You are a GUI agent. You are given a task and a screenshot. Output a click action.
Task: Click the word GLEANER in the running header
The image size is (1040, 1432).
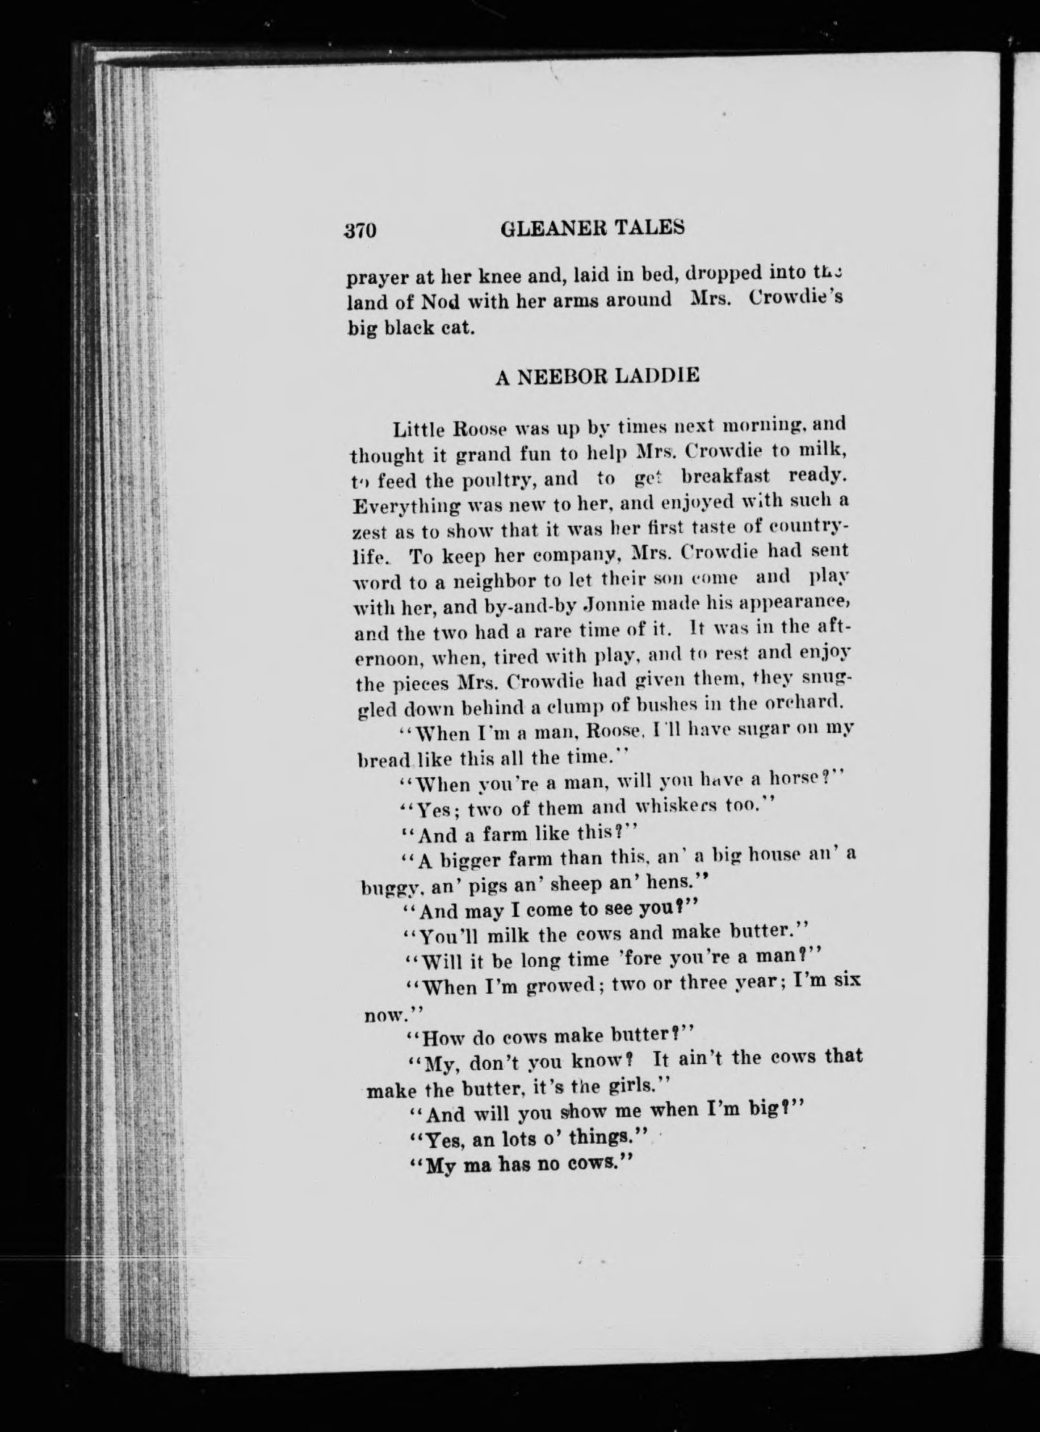(x=542, y=227)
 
